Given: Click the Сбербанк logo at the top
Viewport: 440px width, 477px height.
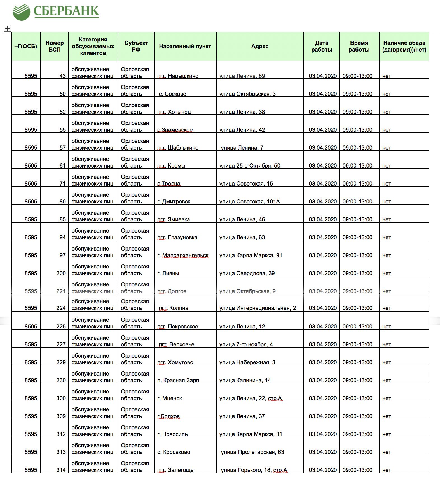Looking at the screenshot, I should pos(56,12).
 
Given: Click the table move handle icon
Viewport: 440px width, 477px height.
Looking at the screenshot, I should pos(8,28).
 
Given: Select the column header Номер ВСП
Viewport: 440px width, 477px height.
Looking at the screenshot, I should pos(55,46).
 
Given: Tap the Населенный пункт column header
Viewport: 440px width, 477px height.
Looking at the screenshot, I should pos(185,46).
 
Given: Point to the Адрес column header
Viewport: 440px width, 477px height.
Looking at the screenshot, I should pos(260,46).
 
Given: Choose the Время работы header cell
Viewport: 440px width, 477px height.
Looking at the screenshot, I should pos(359,46).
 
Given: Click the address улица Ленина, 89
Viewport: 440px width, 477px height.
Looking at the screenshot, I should pos(242,76).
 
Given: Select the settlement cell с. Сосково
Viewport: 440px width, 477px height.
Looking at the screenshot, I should pos(172,94).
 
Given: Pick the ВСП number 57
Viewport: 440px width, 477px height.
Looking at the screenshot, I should pos(63,148).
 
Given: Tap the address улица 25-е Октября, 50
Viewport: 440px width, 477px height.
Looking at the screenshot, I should pos(250,166).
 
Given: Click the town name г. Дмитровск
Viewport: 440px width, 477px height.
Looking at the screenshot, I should pos(174,202).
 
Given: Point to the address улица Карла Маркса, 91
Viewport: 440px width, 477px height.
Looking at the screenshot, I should pos(251,255).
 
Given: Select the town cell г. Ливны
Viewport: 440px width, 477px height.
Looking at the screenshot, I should pos(168,273).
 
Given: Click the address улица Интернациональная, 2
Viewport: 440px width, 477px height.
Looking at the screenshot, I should pos(258,308).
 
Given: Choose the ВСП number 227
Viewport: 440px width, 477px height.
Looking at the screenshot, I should pos(61,344).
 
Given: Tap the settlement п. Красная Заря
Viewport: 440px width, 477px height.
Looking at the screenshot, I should pos(178,380).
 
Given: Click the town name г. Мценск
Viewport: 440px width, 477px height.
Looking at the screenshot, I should pos(170,398).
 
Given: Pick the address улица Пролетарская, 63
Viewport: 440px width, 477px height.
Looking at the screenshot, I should pos(252,452).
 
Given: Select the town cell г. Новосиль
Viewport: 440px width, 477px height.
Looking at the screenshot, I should pos(172,434).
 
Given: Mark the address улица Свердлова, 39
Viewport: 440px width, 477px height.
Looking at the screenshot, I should pos(247,273).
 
